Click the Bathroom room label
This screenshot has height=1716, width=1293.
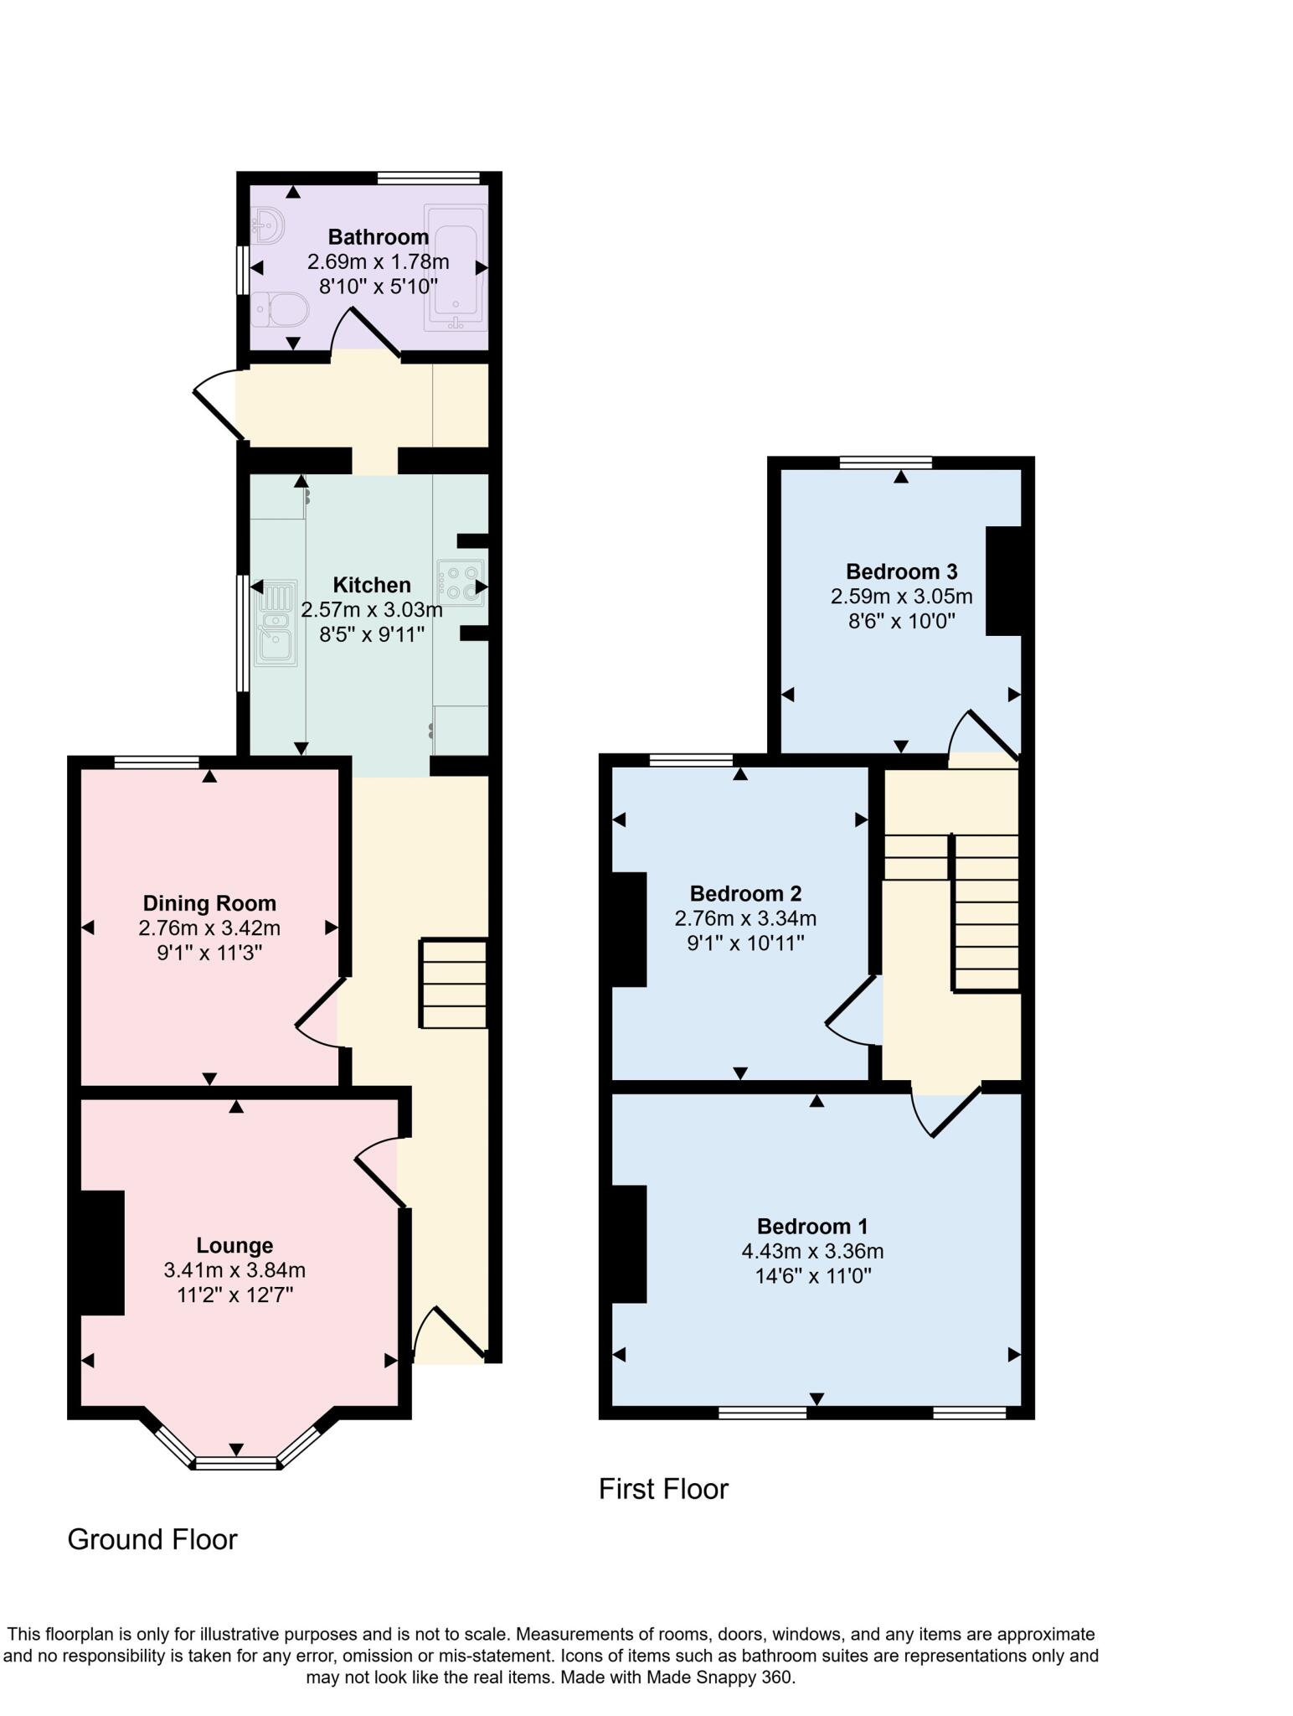378,236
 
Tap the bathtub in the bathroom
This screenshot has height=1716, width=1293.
455,264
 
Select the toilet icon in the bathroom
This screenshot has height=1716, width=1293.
281,309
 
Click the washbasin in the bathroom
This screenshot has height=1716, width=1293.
269,225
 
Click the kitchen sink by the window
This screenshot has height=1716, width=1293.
277,623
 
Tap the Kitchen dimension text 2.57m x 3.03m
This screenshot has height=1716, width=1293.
371,609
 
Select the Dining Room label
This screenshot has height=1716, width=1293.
209,903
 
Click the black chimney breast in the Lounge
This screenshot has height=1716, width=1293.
102,1253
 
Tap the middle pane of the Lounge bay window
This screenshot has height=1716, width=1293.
236,1464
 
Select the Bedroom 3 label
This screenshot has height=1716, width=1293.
901,571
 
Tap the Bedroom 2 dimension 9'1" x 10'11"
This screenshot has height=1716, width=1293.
745,943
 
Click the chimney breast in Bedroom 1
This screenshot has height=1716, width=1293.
629,1243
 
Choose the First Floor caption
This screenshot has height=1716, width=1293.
663,1489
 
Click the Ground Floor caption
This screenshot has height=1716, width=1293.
152,1539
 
